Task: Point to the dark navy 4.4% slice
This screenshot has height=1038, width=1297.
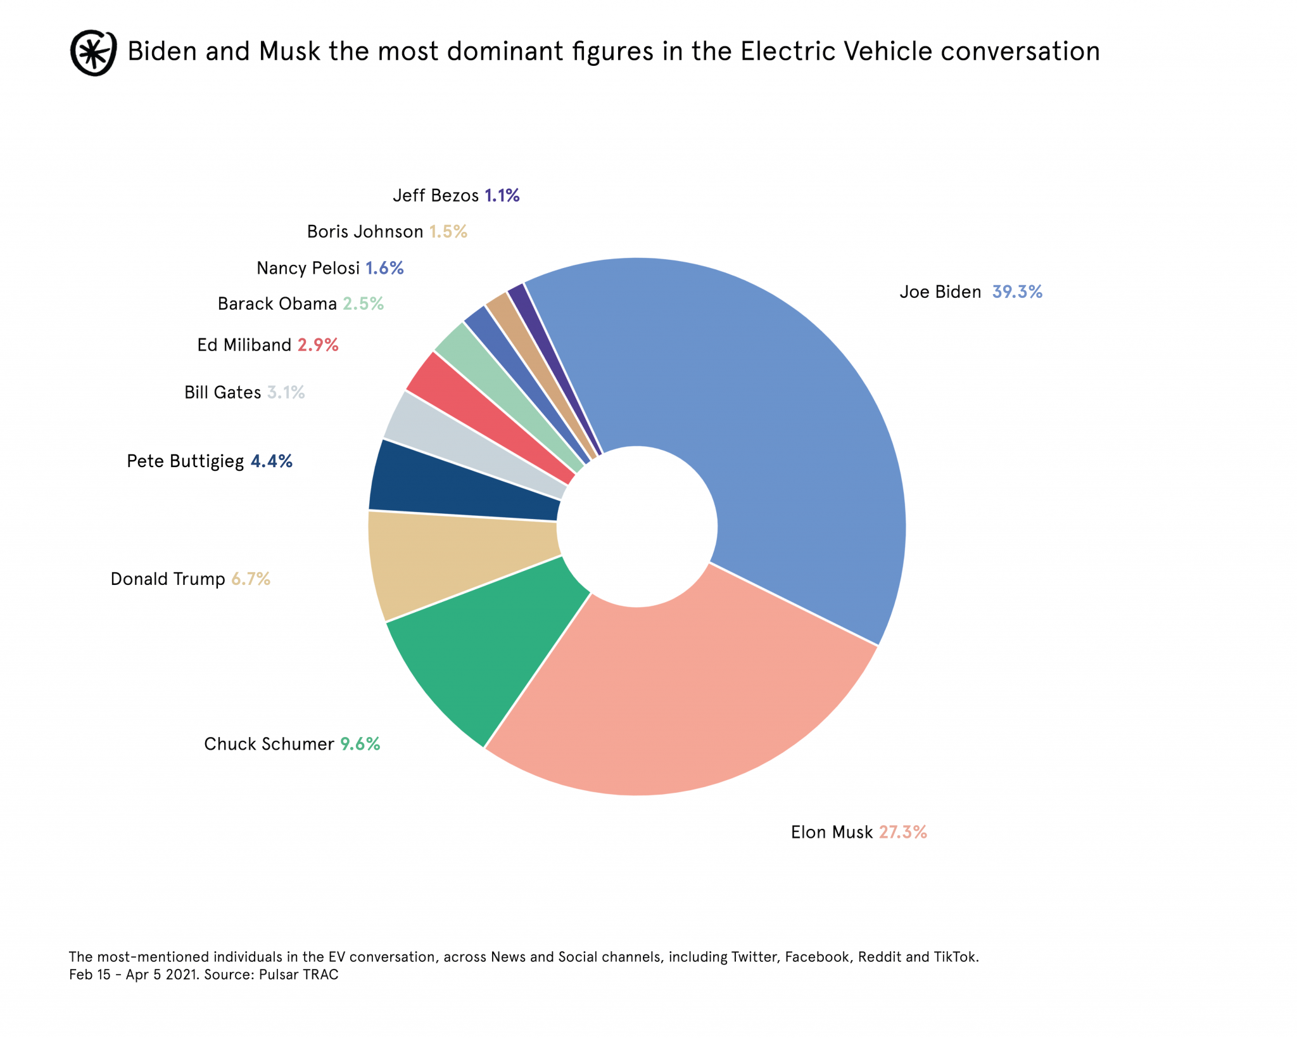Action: click(462, 485)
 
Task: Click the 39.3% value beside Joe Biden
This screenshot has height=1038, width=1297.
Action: click(1016, 292)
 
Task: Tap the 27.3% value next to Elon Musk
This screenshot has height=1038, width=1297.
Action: click(902, 832)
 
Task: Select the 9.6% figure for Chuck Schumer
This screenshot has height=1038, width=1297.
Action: click(360, 744)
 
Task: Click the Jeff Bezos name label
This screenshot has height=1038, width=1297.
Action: click(436, 195)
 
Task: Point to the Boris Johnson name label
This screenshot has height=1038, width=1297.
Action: click(365, 232)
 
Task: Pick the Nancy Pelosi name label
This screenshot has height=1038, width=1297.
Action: click(308, 269)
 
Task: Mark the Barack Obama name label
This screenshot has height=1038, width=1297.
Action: click(277, 304)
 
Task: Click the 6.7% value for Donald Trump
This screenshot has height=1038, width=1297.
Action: click(251, 579)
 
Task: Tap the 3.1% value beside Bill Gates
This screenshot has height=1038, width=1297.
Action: click(286, 393)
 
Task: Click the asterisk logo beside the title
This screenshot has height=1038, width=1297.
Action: click(93, 53)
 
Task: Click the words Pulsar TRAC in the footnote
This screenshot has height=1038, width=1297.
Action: click(298, 975)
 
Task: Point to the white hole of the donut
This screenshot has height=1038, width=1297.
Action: click(637, 527)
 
